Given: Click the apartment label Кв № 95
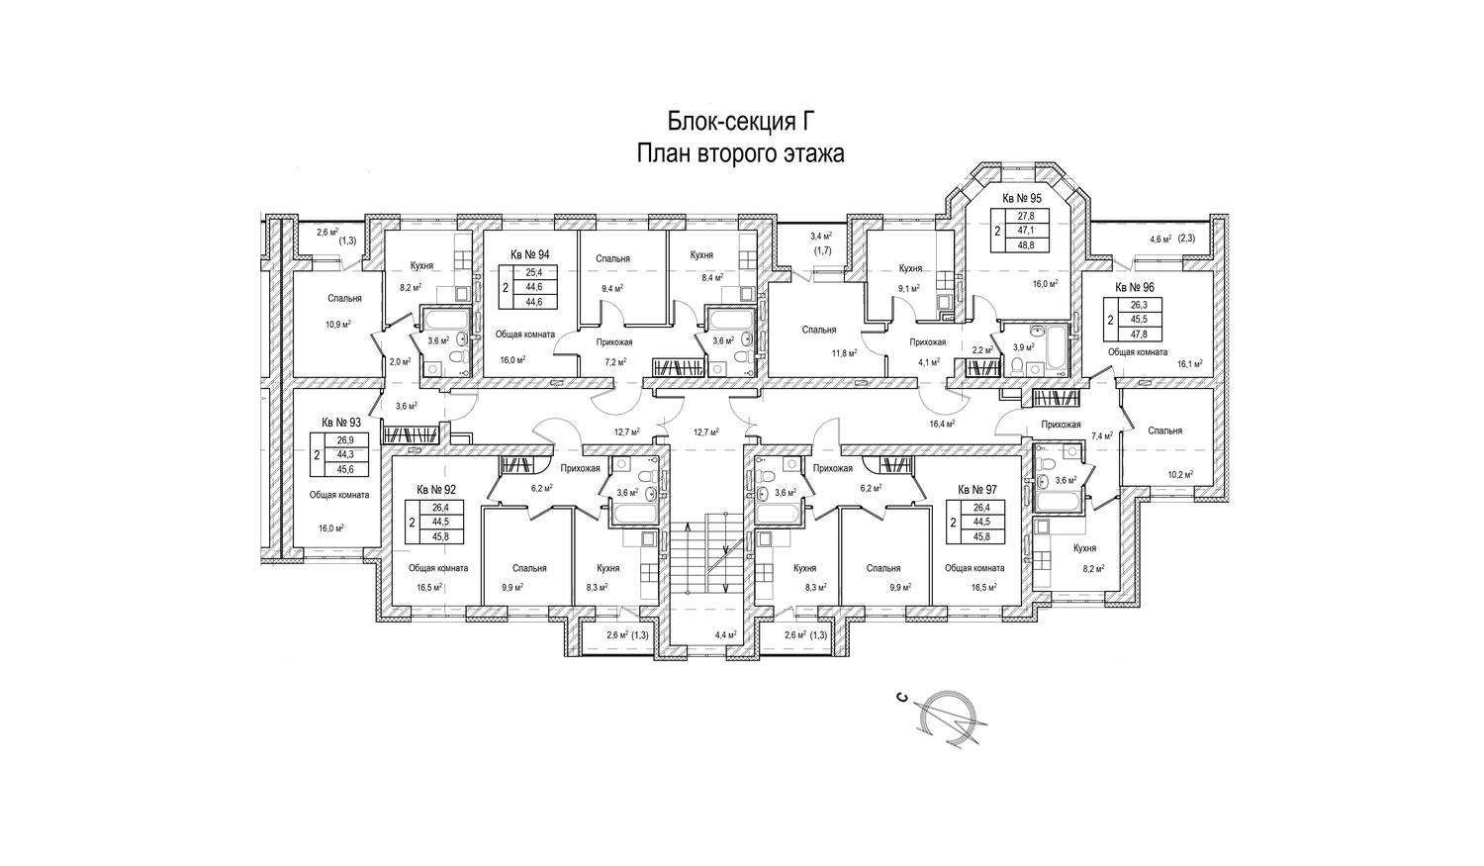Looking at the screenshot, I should [x=1022, y=198].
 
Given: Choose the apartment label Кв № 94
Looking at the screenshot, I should [x=529, y=254].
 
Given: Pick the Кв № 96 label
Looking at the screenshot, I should [x=1135, y=287].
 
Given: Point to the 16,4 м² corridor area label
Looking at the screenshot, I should [x=942, y=424].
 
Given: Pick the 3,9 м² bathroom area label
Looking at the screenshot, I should [x=1024, y=347].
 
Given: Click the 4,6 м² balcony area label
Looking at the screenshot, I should [x=1160, y=239].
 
